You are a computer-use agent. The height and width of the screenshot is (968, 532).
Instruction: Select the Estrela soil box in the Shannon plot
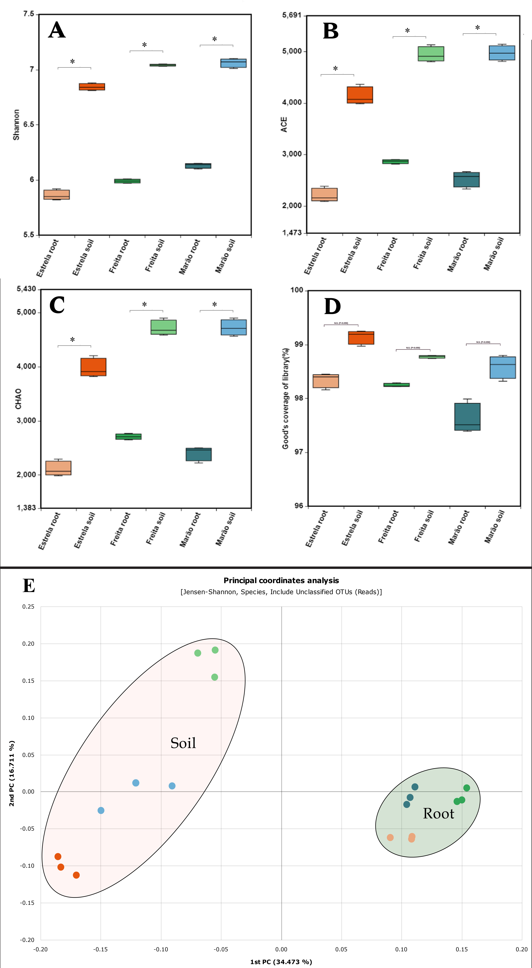[x=92, y=87]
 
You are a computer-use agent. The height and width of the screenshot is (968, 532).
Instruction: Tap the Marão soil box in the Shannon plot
[x=233, y=63]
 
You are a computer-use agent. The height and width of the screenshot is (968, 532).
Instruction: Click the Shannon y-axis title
[x=16, y=125]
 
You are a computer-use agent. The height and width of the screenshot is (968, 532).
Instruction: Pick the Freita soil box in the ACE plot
[x=431, y=54]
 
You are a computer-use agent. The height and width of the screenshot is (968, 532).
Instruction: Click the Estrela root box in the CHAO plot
[x=58, y=468]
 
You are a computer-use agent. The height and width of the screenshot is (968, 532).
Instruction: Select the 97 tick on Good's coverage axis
[x=299, y=452]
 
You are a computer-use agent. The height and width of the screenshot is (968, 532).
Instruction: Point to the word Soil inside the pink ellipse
[x=183, y=743]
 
